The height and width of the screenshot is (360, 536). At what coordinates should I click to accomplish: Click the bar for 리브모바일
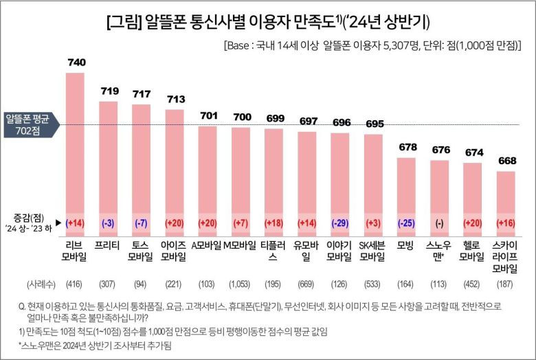[x=75, y=151]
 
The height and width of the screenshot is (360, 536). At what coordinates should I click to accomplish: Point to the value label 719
[x=109, y=91]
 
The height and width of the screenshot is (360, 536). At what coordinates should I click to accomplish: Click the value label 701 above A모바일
[x=208, y=115]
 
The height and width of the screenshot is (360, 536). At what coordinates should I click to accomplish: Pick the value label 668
[x=506, y=161]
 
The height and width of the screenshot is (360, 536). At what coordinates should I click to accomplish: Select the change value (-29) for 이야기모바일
[x=340, y=223]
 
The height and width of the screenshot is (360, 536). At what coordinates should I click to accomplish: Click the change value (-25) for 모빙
[x=406, y=223]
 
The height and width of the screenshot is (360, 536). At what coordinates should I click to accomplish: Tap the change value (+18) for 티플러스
[x=274, y=223]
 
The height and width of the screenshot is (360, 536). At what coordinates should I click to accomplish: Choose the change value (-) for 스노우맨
[x=439, y=223]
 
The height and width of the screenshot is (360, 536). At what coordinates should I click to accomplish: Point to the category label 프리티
[x=109, y=245]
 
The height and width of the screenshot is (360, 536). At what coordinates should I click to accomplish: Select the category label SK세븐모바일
[x=373, y=251]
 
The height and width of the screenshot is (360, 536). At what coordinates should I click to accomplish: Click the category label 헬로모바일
[x=472, y=251]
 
